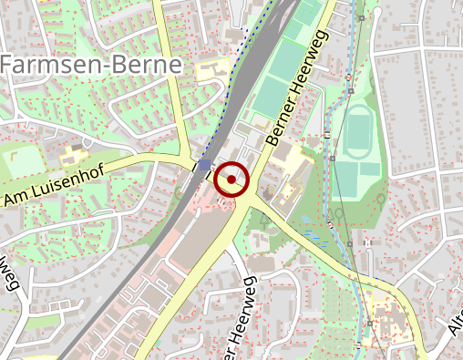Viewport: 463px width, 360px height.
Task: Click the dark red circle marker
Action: point(232,179)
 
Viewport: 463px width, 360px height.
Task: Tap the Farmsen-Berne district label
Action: point(90,65)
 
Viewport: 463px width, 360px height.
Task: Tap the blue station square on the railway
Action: point(205,165)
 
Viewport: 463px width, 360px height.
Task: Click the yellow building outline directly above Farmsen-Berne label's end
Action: point(211,68)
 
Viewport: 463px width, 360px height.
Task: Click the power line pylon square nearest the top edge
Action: point(362,17)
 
